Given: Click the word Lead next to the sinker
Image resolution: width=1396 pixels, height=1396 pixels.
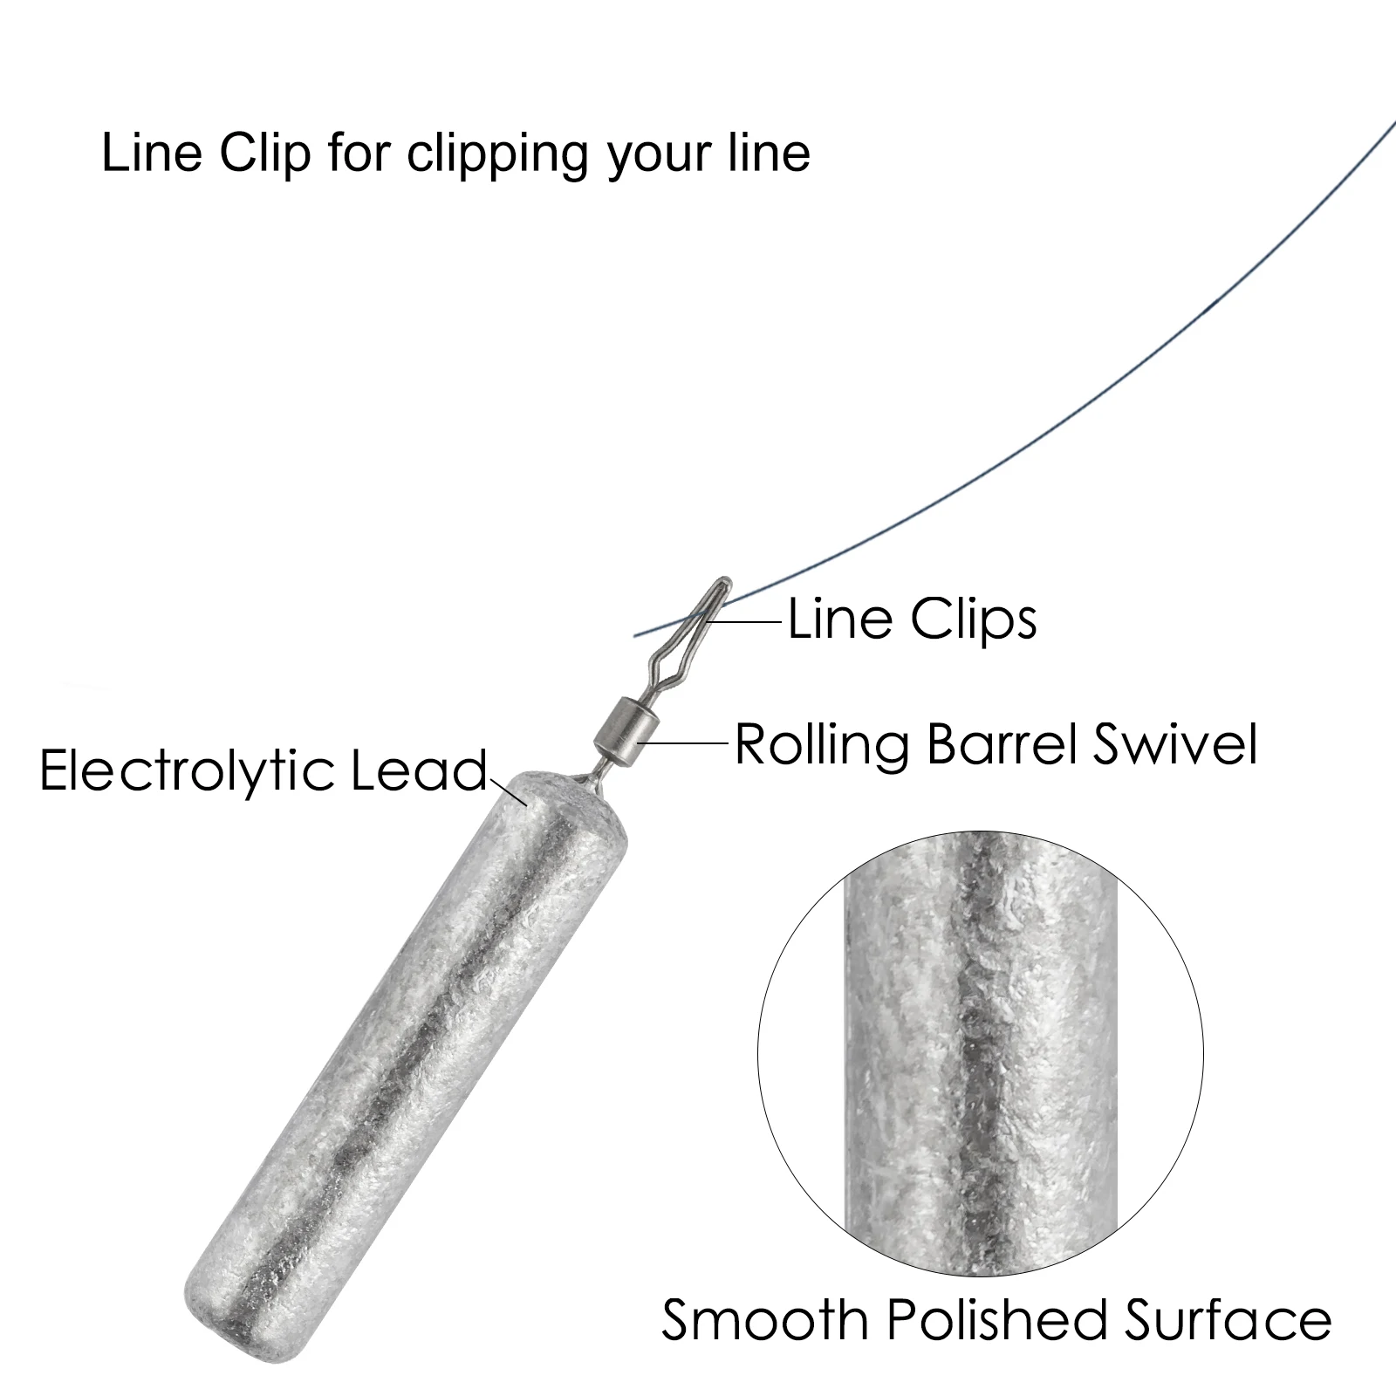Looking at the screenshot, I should tap(419, 771).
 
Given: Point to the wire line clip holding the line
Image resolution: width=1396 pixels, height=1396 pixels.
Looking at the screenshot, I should tap(689, 624).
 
